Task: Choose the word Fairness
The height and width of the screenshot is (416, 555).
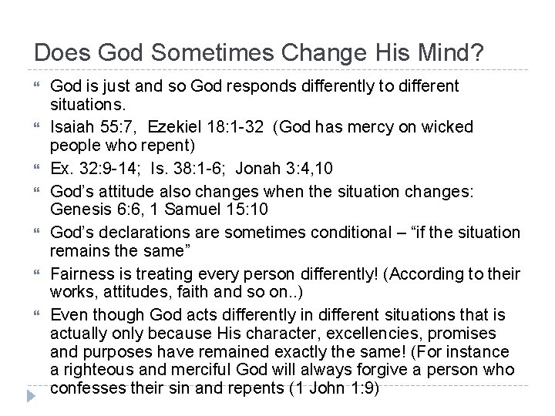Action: click(82, 275)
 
